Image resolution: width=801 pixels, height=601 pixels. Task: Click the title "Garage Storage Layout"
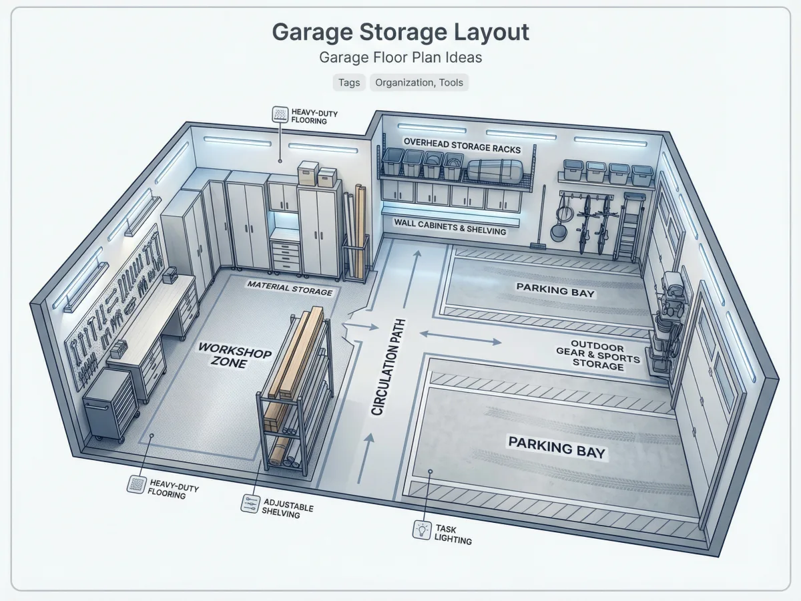click(x=400, y=32)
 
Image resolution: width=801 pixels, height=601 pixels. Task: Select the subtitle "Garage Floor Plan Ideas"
click(x=400, y=57)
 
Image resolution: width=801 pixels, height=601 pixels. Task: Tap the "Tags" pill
click(x=349, y=82)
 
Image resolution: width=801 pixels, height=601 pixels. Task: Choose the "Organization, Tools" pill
click(x=419, y=82)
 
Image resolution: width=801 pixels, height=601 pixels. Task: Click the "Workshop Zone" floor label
click(x=235, y=355)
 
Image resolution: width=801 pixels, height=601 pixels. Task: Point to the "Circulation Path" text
click(x=388, y=367)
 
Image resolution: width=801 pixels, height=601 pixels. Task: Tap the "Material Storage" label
click(x=290, y=288)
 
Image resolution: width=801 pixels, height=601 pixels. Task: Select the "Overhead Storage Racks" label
click(x=462, y=146)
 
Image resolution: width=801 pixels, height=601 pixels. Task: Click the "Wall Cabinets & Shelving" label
click(x=450, y=226)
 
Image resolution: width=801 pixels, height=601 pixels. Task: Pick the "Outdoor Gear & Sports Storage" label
click(x=599, y=355)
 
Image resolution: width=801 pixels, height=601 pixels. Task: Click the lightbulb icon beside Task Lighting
click(x=422, y=530)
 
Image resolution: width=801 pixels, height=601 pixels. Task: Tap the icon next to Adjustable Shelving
click(x=250, y=504)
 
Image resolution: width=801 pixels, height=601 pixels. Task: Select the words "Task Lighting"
click(x=453, y=535)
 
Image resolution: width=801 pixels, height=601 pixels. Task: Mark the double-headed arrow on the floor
click(x=461, y=337)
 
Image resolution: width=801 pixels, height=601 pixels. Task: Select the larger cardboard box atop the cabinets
click(x=308, y=174)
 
